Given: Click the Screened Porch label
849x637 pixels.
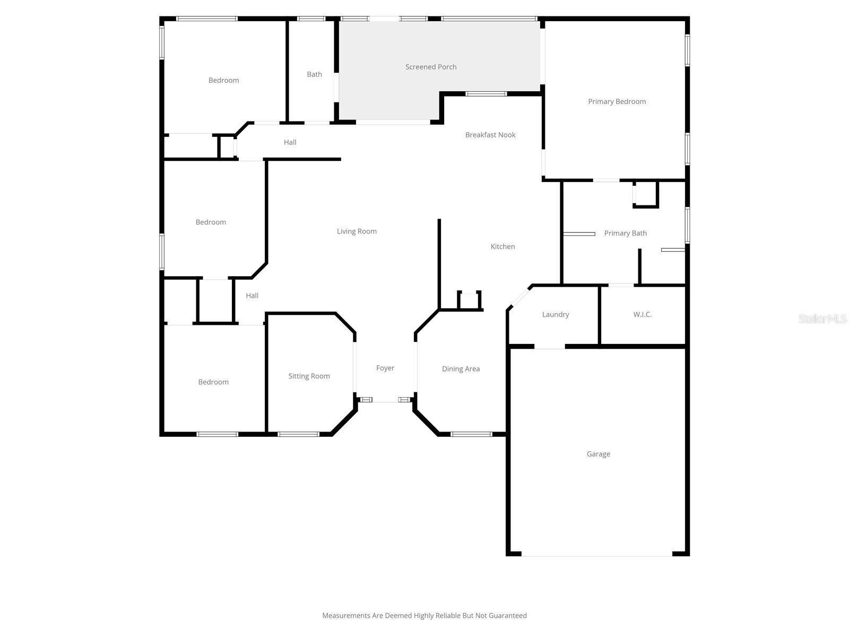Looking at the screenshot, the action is (430, 67).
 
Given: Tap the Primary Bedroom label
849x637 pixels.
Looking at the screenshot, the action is (617, 101).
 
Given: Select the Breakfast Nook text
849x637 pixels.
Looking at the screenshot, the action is (490, 135).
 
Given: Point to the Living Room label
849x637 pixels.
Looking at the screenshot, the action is (356, 231).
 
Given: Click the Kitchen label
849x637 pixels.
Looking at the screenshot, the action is (503, 246).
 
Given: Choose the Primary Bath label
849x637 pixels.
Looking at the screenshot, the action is (625, 233).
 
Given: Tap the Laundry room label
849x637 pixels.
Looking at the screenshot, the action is (555, 314).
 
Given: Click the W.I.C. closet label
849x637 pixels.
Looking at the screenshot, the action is (642, 314).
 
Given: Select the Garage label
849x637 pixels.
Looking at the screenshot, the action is (598, 454).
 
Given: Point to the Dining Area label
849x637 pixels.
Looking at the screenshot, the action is (461, 369).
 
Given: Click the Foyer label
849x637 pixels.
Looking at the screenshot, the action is (385, 368).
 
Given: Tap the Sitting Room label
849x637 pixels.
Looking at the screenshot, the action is (309, 376).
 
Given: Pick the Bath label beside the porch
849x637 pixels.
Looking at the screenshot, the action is (314, 74).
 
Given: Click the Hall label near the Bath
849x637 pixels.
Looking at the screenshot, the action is (290, 142).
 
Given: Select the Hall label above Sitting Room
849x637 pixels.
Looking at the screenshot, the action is (252, 296).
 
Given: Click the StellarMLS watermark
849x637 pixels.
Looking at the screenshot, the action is (822, 318).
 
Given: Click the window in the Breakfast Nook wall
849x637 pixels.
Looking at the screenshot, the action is (486, 94).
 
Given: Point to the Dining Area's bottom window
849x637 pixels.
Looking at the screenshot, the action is (471, 434).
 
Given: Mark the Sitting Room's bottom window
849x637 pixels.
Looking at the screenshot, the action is (298, 434).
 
